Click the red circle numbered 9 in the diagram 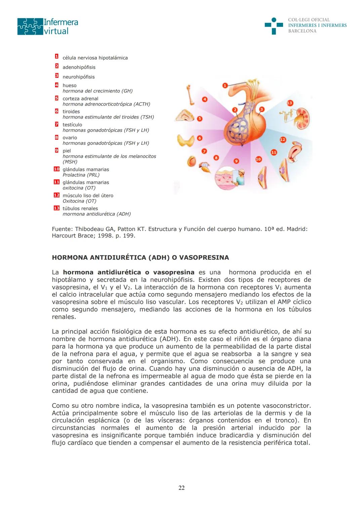(x=236, y=161)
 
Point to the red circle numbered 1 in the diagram (x=225, y=86)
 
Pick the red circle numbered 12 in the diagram (x=283, y=139)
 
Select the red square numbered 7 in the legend (x=57, y=124)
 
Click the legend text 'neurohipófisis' (x=79, y=77)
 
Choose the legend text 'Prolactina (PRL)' (x=81, y=175)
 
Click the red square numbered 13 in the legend (x=56, y=208)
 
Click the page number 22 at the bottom (x=182, y=488)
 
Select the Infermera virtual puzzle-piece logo (x=30, y=27)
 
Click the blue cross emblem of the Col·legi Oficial (x=274, y=26)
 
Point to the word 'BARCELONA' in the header (x=302, y=31)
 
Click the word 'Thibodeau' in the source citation (x=89, y=229)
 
